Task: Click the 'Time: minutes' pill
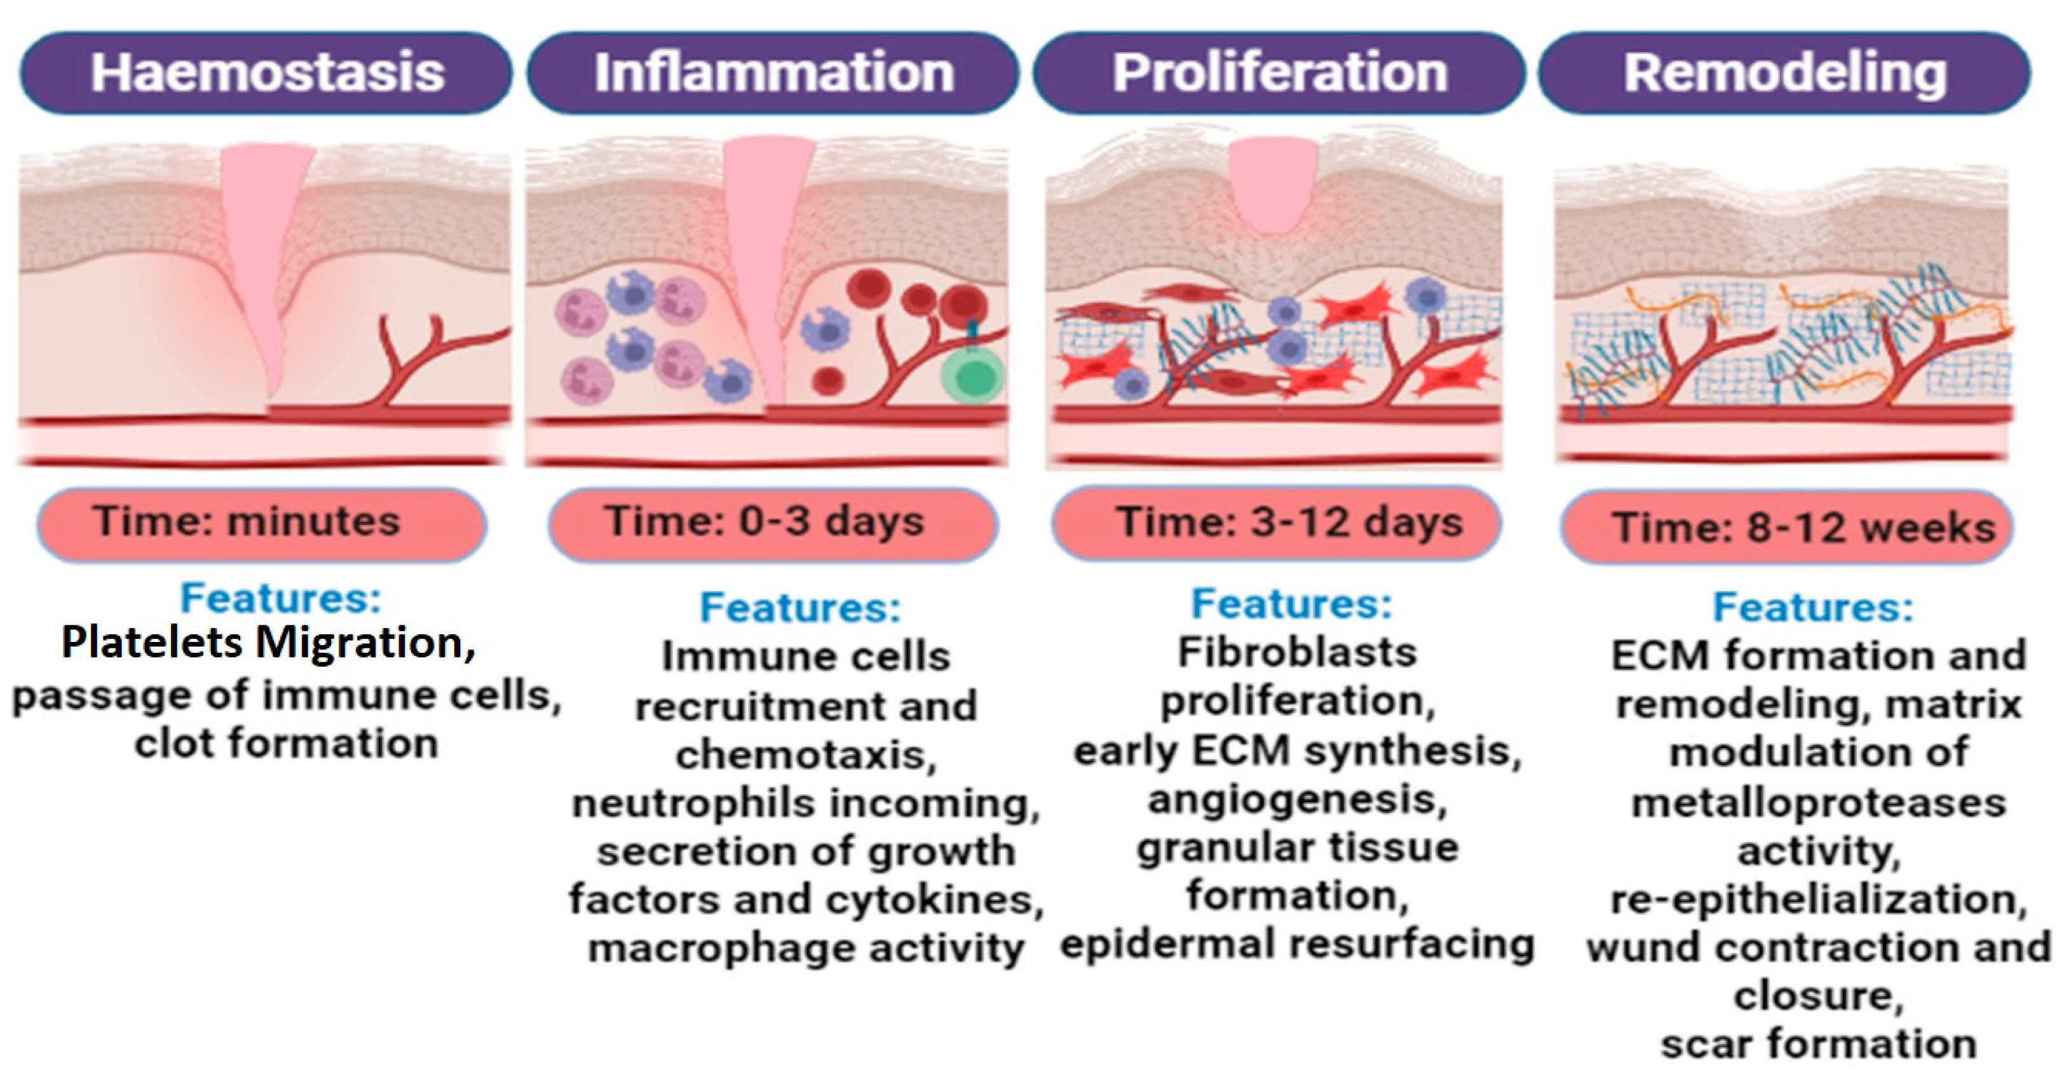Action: [x=261, y=523]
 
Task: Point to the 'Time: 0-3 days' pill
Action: [x=772, y=523]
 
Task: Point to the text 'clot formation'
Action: [x=286, y=744]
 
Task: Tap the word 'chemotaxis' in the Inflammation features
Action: [x=804, y=755]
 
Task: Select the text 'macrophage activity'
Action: [x=806, y=949]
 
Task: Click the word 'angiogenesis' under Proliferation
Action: [x=1296, y=800]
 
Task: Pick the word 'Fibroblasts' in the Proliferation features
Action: [x=1296, y=652]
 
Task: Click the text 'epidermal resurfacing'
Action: [x=1296, y=944]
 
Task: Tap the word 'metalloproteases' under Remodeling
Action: [x=1818, y=803]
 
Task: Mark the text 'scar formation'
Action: [x=1818, y=1044]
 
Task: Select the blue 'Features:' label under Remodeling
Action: [x=1812, y=607]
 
